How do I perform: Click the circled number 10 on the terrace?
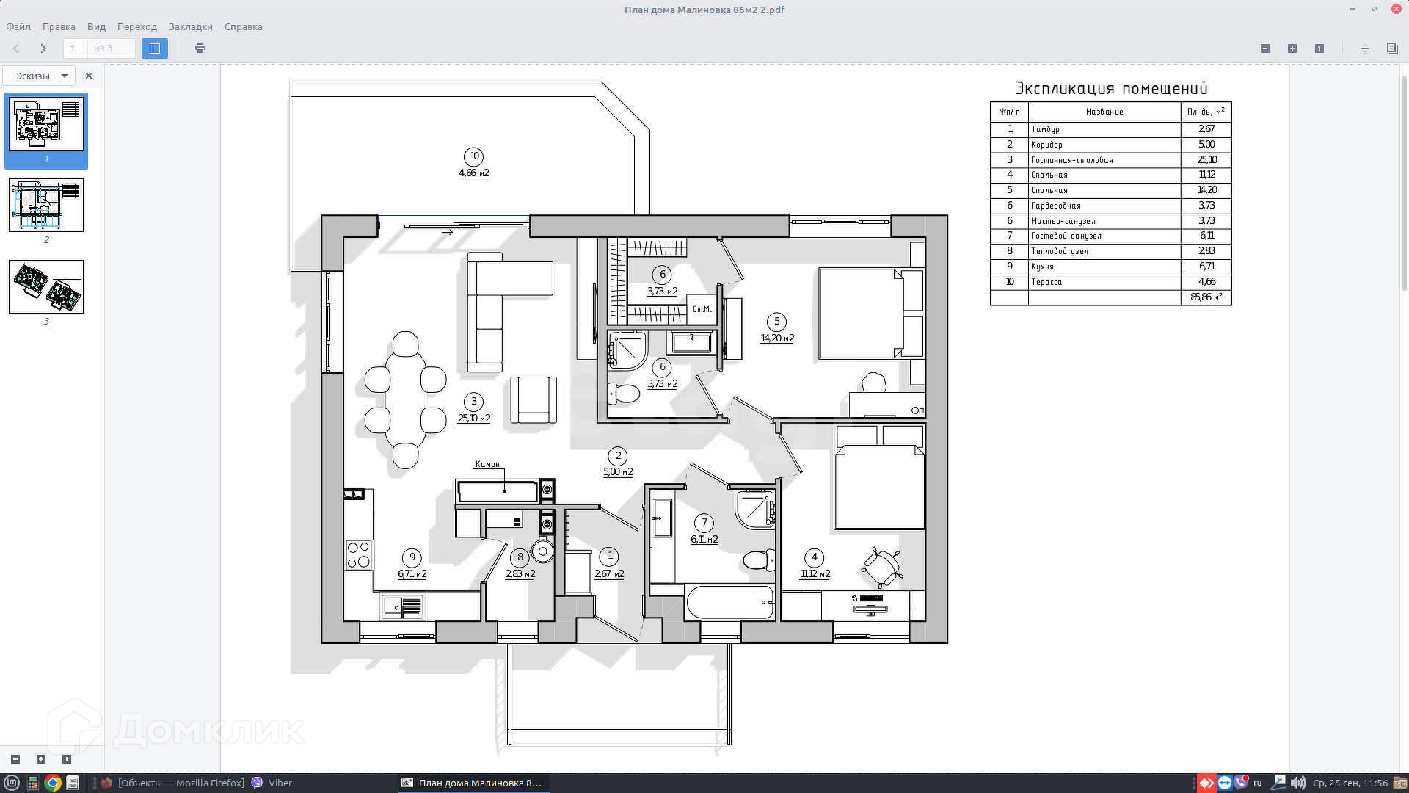pos(473,156)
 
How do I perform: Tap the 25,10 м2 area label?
pos(474,419)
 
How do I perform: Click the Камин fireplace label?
pos(487,464)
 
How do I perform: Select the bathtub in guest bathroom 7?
pos(730,603)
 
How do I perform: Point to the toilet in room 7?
pos(759,561)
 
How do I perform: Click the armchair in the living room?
pos(534,399)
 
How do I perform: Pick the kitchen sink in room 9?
pos(401,606)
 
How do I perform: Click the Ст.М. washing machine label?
pos(702,309)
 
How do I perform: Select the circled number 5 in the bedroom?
pos(776,322)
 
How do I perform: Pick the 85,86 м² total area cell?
pos(1206,297)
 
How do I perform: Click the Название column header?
pos(1104,112)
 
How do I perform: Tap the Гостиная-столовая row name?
pos(1071,160)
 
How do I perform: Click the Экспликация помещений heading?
pos(1111,89)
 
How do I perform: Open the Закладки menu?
pos(191,26)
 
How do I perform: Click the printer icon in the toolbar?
pos(200,48)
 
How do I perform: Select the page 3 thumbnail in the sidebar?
pos(46,286)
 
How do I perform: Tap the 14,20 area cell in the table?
pos(1206,190)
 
